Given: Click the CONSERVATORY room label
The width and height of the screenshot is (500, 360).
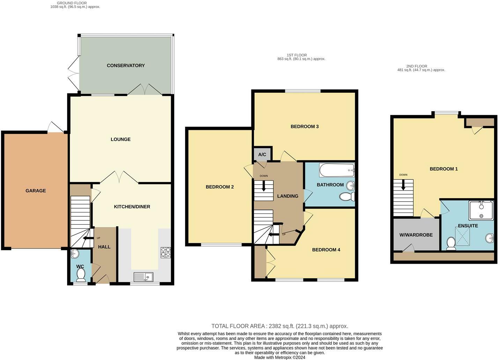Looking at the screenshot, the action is click(126, 66).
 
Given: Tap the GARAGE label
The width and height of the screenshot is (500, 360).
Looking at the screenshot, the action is click(36, 191).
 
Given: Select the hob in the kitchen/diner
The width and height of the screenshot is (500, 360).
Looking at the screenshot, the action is click(166, 253).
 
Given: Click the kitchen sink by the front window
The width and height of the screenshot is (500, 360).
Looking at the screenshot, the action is click(143, 277).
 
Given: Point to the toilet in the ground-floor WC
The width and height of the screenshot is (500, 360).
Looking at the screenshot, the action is click(81, 275).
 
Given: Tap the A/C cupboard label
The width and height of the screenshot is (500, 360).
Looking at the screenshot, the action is click(262, 154).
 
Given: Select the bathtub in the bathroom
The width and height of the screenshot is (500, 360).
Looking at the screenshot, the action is click(337, 171).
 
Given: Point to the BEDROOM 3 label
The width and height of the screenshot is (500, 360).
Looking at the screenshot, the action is click(304, 127).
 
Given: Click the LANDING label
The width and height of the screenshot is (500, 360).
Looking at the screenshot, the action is click(288, 196).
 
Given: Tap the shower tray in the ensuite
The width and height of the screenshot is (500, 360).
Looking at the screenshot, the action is click(481, 210).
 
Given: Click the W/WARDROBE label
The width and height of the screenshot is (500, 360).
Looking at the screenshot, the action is click(416, 235).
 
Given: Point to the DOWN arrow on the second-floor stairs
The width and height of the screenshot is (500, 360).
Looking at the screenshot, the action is click(403, 185).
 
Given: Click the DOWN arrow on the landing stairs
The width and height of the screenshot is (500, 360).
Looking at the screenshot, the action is click(264, 186).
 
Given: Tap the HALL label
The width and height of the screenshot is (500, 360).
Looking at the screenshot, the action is click(104, 247).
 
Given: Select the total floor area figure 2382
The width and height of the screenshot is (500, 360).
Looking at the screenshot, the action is click(275, 326).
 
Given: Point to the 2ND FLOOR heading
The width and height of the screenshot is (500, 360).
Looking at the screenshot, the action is click(417, 66).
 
